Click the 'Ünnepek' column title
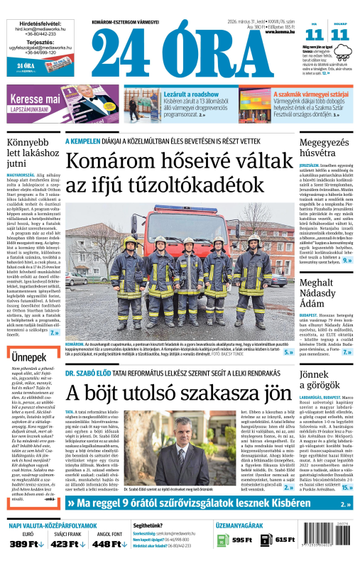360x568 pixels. coord(28,355)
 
